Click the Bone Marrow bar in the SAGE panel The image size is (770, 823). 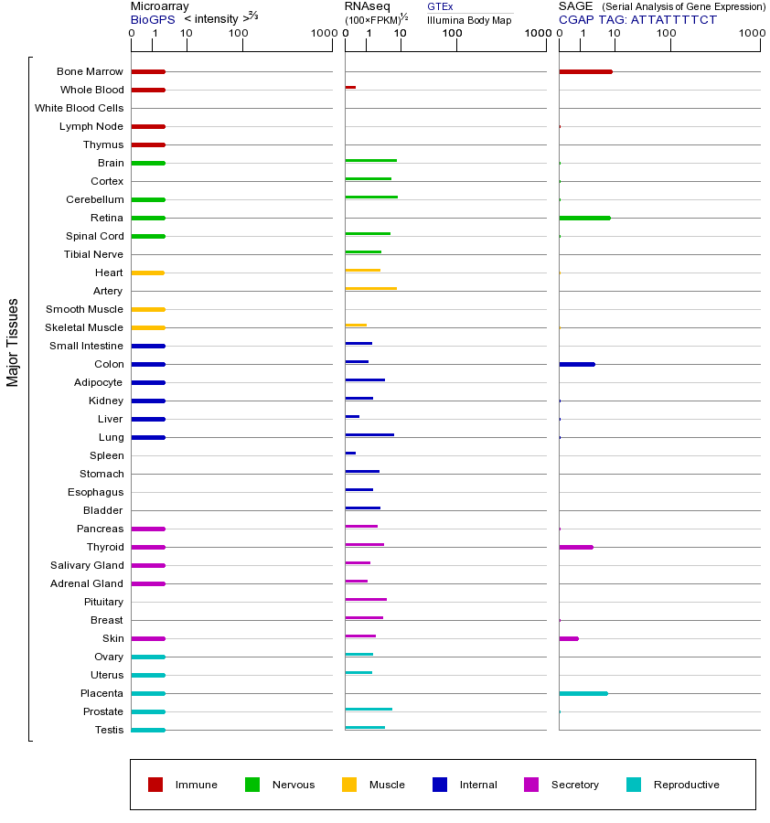585,71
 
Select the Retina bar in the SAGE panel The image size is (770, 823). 584,218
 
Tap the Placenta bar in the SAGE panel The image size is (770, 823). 583,693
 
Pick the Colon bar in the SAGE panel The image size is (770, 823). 576,364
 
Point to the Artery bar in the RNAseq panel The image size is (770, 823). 370,288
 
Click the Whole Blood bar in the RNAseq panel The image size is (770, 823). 350,87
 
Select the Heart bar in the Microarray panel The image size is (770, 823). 147,273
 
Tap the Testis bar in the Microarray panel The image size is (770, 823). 147,730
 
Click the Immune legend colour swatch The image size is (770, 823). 155,785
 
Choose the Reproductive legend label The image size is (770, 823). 686,785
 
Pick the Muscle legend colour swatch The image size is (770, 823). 349,785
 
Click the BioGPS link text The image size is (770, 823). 152,19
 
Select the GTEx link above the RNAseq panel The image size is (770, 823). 440,6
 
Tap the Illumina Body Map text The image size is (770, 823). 469,19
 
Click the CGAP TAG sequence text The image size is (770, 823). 637,19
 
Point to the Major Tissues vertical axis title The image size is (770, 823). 13,341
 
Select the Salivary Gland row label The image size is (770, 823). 87,565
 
